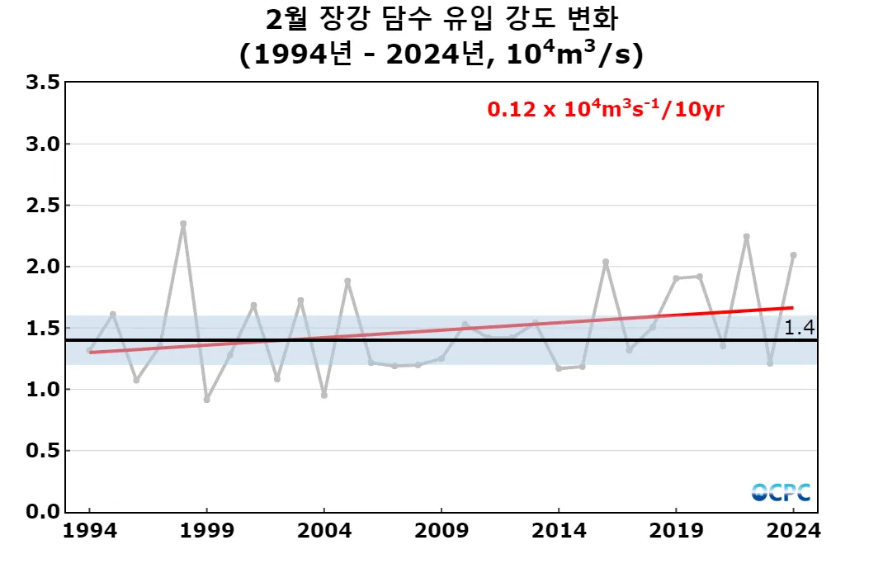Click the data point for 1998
click(183, 224)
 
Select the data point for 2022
click(746, 237)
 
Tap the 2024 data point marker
click(793, 255)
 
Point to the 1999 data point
click(206, 400)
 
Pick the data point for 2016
click(606, 262)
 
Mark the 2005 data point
click(347, 281)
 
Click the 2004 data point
click(324, 396)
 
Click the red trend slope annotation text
click(606, 109)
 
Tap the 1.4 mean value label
click(799, 328)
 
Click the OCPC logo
click(781, 492)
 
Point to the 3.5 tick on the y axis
click(43, 83)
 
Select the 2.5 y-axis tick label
click(43, 206)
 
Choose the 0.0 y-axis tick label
click(43, 512)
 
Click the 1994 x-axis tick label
click(89, 531)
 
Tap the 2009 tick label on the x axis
click(441, 531)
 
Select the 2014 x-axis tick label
click(559, 531)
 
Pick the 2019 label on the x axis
click(676, 531)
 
